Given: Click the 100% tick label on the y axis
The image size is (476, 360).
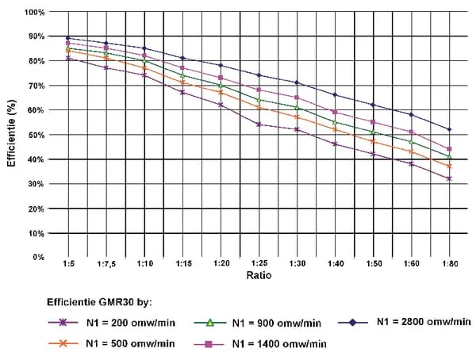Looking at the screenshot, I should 34,13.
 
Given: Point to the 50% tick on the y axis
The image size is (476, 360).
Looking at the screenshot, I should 36,135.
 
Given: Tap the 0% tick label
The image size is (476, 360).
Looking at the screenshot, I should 39,258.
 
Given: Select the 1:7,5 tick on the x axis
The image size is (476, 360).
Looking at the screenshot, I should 106,264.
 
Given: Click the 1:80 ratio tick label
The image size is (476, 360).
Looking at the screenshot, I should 449,264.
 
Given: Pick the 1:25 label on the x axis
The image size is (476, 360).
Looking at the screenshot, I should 259,264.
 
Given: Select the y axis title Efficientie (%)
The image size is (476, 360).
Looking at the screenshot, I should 10,135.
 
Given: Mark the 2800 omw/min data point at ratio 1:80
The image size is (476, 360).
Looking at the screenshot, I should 449,129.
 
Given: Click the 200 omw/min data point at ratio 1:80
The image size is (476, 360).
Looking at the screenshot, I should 449,178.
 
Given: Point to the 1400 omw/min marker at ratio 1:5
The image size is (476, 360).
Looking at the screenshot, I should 68,44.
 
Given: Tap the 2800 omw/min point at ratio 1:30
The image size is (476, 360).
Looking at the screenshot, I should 297,82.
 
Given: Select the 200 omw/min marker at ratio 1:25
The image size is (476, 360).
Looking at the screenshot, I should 259,124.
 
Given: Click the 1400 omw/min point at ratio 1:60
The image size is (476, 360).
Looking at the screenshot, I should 411,132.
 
